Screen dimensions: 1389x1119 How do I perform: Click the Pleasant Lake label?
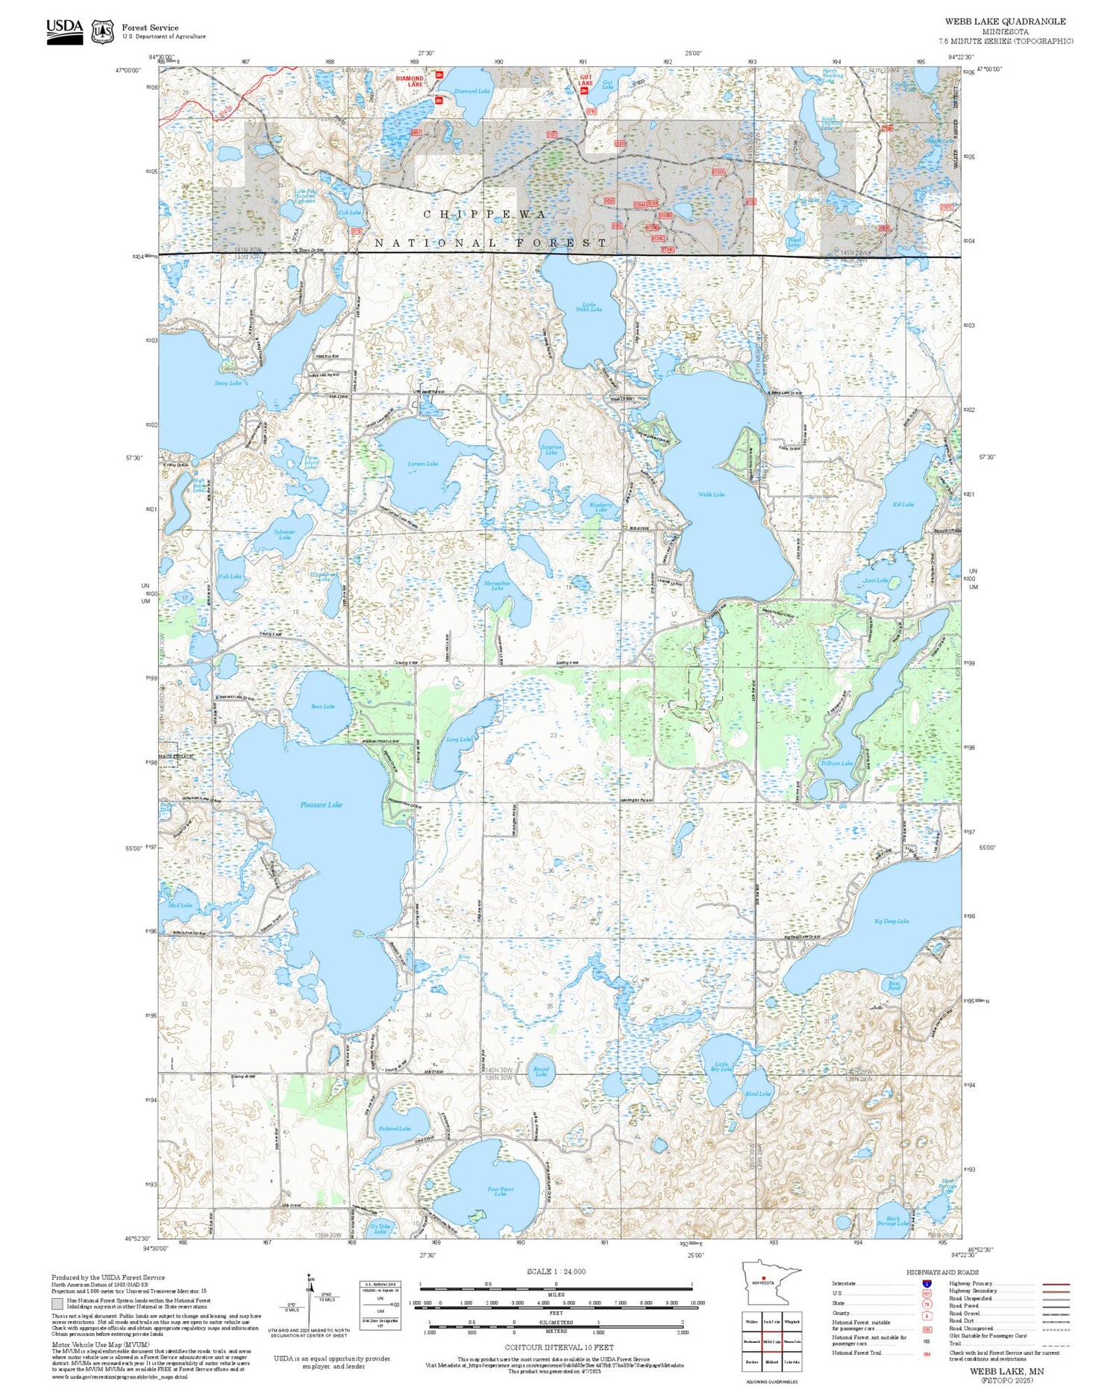tap(322, 804)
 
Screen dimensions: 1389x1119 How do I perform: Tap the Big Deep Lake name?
tap(891, 921)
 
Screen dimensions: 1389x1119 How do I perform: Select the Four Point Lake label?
tap(500, 1192)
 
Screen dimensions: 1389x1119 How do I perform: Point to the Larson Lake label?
tap(423, 464)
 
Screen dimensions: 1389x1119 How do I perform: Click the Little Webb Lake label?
tap(589, 306)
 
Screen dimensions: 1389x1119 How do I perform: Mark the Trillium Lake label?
tap(837, 763)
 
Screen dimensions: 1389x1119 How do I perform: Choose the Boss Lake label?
tap(322, 706)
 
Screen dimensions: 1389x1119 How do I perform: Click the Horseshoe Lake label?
tap(497, 586)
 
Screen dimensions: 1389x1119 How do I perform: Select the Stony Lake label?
tap(228, 383)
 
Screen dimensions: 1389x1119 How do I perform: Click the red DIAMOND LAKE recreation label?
tap(410, 81)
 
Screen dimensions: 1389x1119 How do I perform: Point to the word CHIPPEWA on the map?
tap(485, 214)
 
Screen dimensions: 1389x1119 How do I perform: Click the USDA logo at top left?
tap(65, 31)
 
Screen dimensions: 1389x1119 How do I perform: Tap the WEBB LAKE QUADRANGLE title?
tap(1005, 22)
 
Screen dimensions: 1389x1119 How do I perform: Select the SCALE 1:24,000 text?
tap(556, 1271)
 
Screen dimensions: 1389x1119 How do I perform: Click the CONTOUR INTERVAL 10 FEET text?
tap(559, 1347)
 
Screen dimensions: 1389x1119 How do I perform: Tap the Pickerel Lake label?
tap(394, 1128)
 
